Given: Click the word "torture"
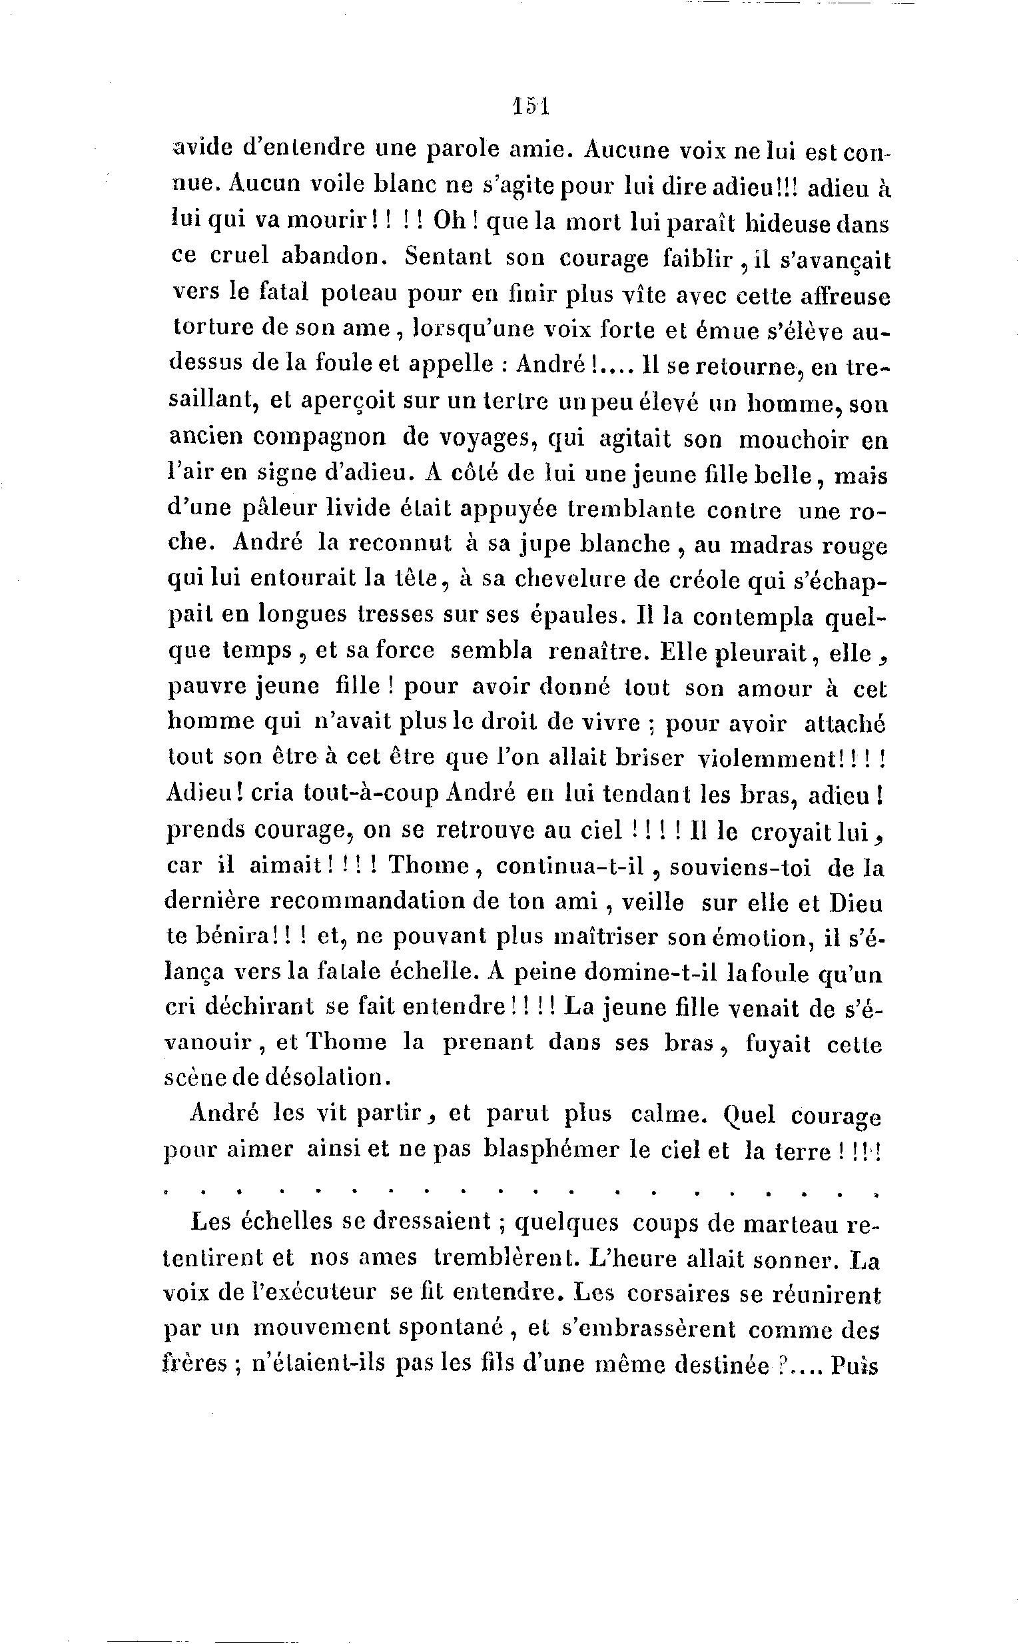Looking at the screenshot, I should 213,329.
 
